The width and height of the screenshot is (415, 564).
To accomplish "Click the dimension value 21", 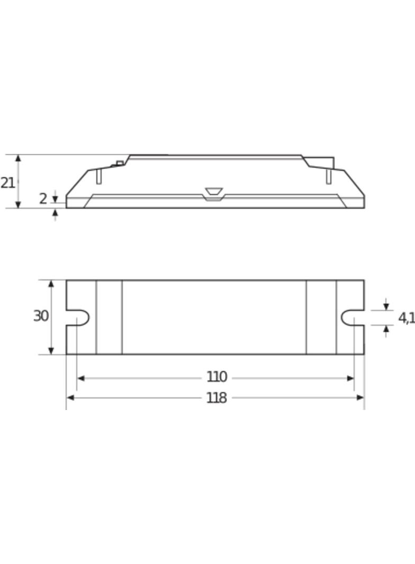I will click(x=7, y=183).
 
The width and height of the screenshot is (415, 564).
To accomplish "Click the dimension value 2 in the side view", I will click(x=43, y=199).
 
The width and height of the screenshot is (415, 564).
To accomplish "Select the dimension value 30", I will click(x=41, y=316).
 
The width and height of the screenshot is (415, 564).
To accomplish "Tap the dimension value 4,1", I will click(x=406, y=318).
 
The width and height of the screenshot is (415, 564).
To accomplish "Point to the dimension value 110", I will click(x=216, y=377).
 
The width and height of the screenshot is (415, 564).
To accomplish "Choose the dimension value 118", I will click(x=216, y=398).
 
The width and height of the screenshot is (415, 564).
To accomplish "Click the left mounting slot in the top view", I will click(x=78, y=317).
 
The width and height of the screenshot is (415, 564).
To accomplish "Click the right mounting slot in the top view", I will click(x=351, y=317).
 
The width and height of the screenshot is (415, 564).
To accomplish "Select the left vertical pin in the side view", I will click(x=98, y=176).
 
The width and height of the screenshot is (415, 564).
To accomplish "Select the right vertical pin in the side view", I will click(x=329, y=176).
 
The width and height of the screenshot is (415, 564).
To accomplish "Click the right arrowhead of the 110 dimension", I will click(x=350, y=378).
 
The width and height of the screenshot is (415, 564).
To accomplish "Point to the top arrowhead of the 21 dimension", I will click(x=18, y=158).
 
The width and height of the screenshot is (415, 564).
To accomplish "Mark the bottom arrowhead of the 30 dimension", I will click(x=51, y=351).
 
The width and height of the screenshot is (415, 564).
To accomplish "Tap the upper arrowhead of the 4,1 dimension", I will click(x=386, y=307).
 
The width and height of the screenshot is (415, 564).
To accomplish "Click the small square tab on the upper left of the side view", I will click(x=120, y=163).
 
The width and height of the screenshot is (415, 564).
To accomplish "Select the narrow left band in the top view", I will click(x=109, y=317).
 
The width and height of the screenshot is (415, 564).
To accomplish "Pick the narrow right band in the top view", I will click(x=321, y=317).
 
